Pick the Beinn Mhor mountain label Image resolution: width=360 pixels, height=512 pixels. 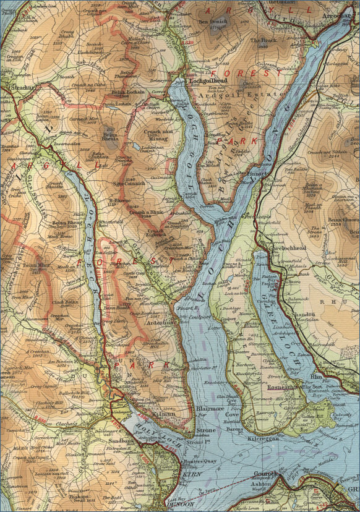(35, 265)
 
